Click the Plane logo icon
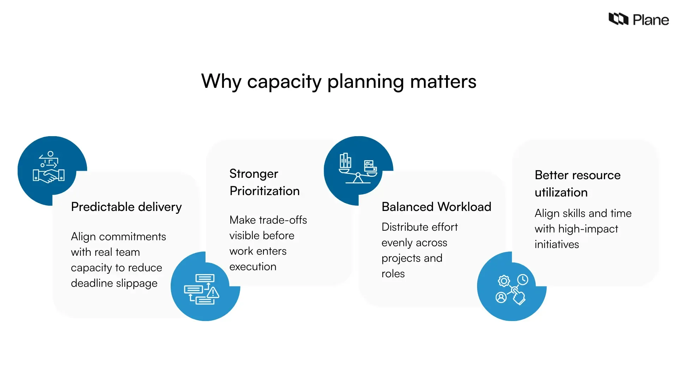coord(618,19)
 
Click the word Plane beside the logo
coord(651,20)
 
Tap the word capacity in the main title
coord(284,82)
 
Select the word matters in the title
coord(443,81)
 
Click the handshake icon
coord(49,175)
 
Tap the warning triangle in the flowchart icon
coord(213,292)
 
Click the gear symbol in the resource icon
coord(504,281)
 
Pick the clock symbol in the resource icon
coord(523,280)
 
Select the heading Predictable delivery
coord(126,207)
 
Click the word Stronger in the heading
coord(254,174)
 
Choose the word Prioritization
coord(264,191)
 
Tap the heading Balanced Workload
coord(436,207)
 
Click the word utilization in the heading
coord(561,192)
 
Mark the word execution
coord(253,267)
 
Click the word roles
coord(393,274)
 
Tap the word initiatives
coord(556,244)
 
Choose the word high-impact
coord(588,229)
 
